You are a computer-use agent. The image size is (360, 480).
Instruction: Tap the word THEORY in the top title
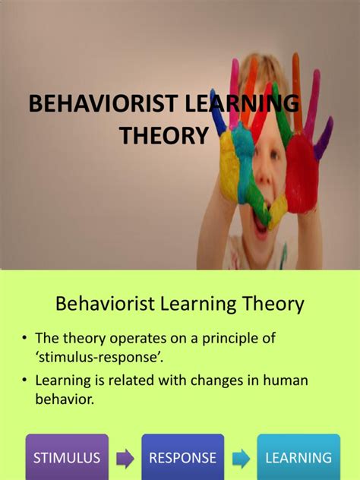[163, 136]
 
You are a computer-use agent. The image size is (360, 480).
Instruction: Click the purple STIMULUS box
[67, 458]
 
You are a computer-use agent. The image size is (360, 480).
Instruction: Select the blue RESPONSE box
[182, 458]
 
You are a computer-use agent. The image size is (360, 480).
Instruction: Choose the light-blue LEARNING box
[298, 458]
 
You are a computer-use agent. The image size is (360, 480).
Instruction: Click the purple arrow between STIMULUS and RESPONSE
[125, 459]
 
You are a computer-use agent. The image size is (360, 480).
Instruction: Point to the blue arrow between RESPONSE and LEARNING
[240, 459]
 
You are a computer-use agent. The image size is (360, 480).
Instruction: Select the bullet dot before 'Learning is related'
[25, 380]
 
